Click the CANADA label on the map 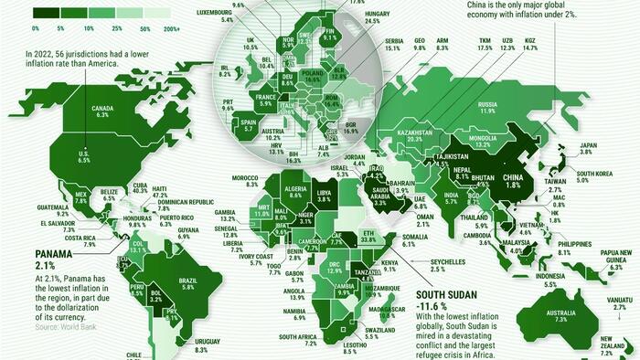point(101,110)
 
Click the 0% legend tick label point(36,28)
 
